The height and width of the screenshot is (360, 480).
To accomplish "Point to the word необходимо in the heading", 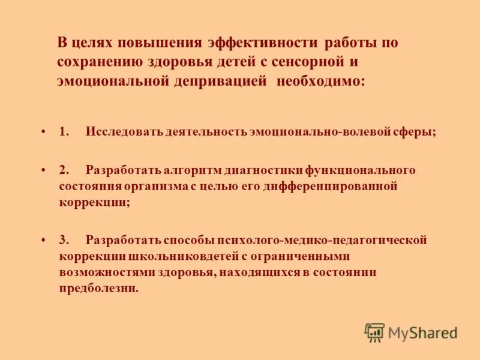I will pyautogui.click(x=320, y=82).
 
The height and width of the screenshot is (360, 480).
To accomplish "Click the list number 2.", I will pyautogui.click(x=64, y=170).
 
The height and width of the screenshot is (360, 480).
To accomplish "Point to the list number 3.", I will pyautogui.click(x=64, y=240).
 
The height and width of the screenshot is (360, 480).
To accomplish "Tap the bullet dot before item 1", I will pyautogui.click(x=44, y=132).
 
